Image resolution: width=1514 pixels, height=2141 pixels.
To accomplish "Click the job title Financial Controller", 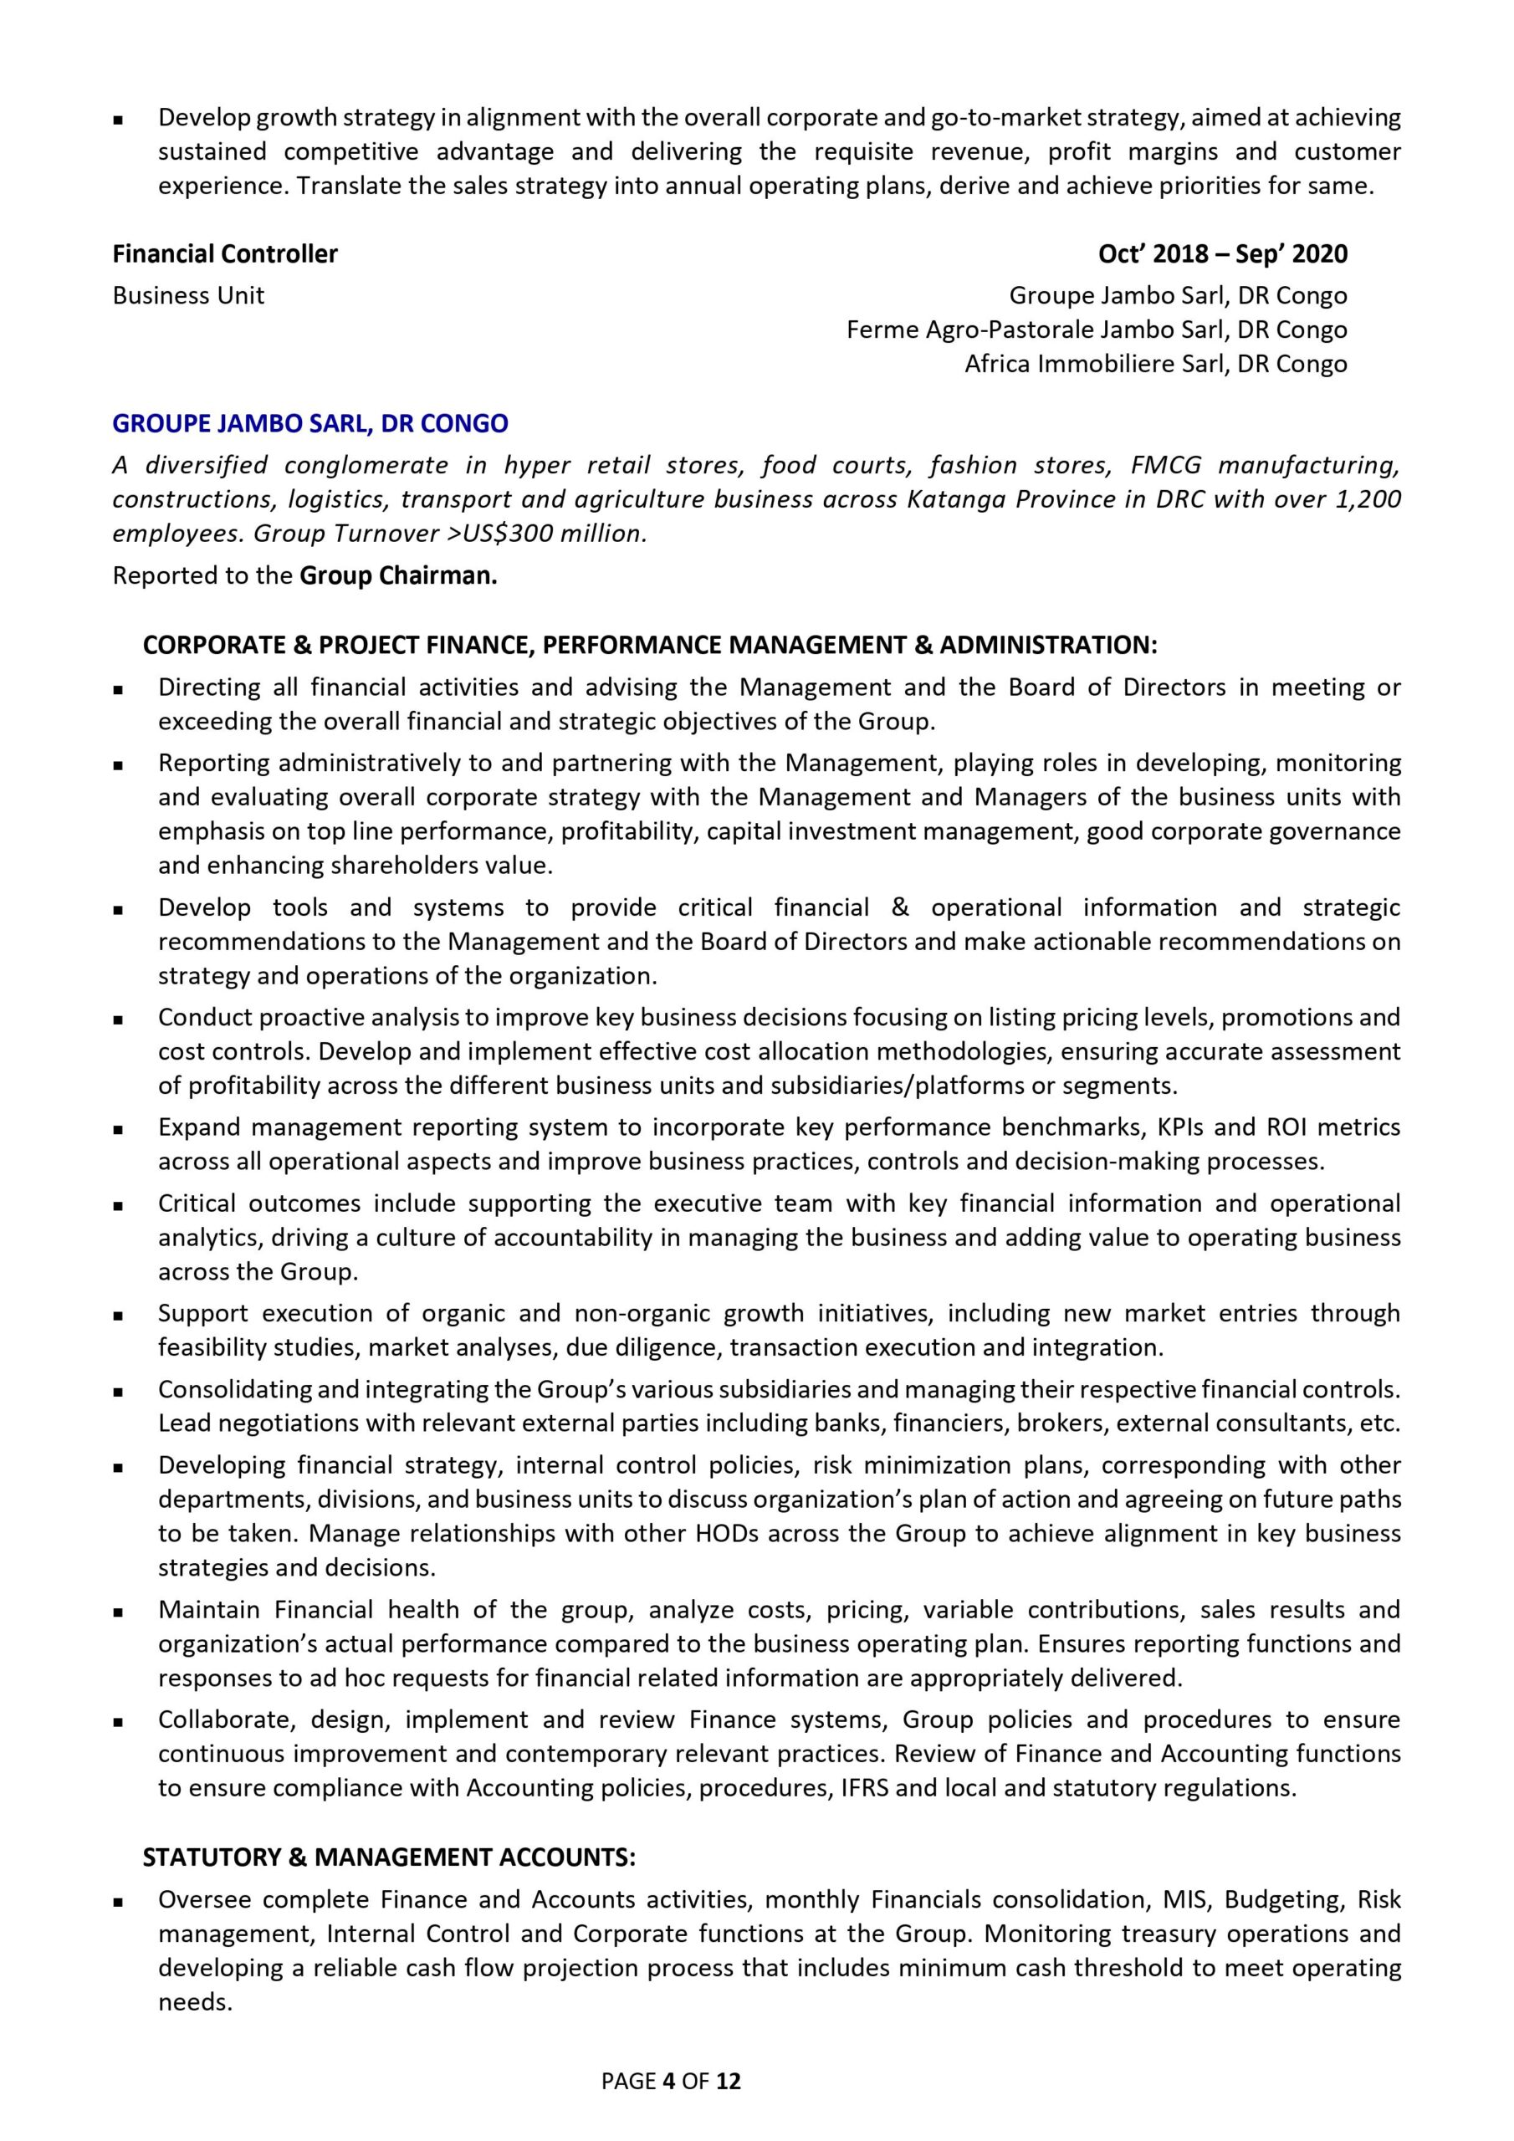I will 225,253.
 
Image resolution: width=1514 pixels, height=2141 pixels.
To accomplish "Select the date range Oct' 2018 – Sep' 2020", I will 1222,253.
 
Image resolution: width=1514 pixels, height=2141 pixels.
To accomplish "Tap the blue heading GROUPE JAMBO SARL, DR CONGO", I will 309,423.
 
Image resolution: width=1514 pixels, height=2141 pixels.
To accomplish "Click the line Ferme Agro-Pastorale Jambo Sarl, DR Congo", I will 1096,330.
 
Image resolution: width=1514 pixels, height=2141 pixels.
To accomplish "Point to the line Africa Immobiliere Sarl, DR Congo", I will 1155,364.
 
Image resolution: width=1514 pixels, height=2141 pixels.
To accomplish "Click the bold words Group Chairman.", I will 398,575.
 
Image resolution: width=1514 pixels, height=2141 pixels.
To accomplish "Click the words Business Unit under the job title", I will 188,295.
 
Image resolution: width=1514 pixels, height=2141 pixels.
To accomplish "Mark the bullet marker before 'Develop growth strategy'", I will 119,120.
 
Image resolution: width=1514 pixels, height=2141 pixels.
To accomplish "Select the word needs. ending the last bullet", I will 194,2002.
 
